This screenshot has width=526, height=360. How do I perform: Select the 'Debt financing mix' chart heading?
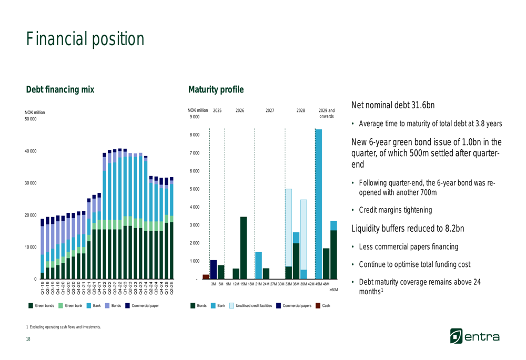60,90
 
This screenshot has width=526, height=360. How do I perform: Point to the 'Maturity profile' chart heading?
216,90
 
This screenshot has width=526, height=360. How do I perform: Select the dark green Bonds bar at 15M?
244,248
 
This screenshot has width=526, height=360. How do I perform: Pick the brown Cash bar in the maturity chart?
206,276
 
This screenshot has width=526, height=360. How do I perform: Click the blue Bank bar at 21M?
258,265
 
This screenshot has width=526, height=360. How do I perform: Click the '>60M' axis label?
333,290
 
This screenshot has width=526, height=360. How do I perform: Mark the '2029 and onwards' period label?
326,113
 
